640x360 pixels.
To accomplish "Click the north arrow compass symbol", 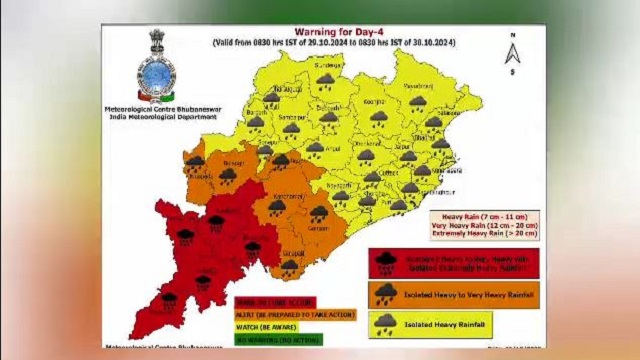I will pos(513,55).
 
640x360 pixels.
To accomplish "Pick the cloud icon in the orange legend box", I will pos(386,292).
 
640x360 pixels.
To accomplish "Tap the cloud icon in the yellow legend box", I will pos(386,322).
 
